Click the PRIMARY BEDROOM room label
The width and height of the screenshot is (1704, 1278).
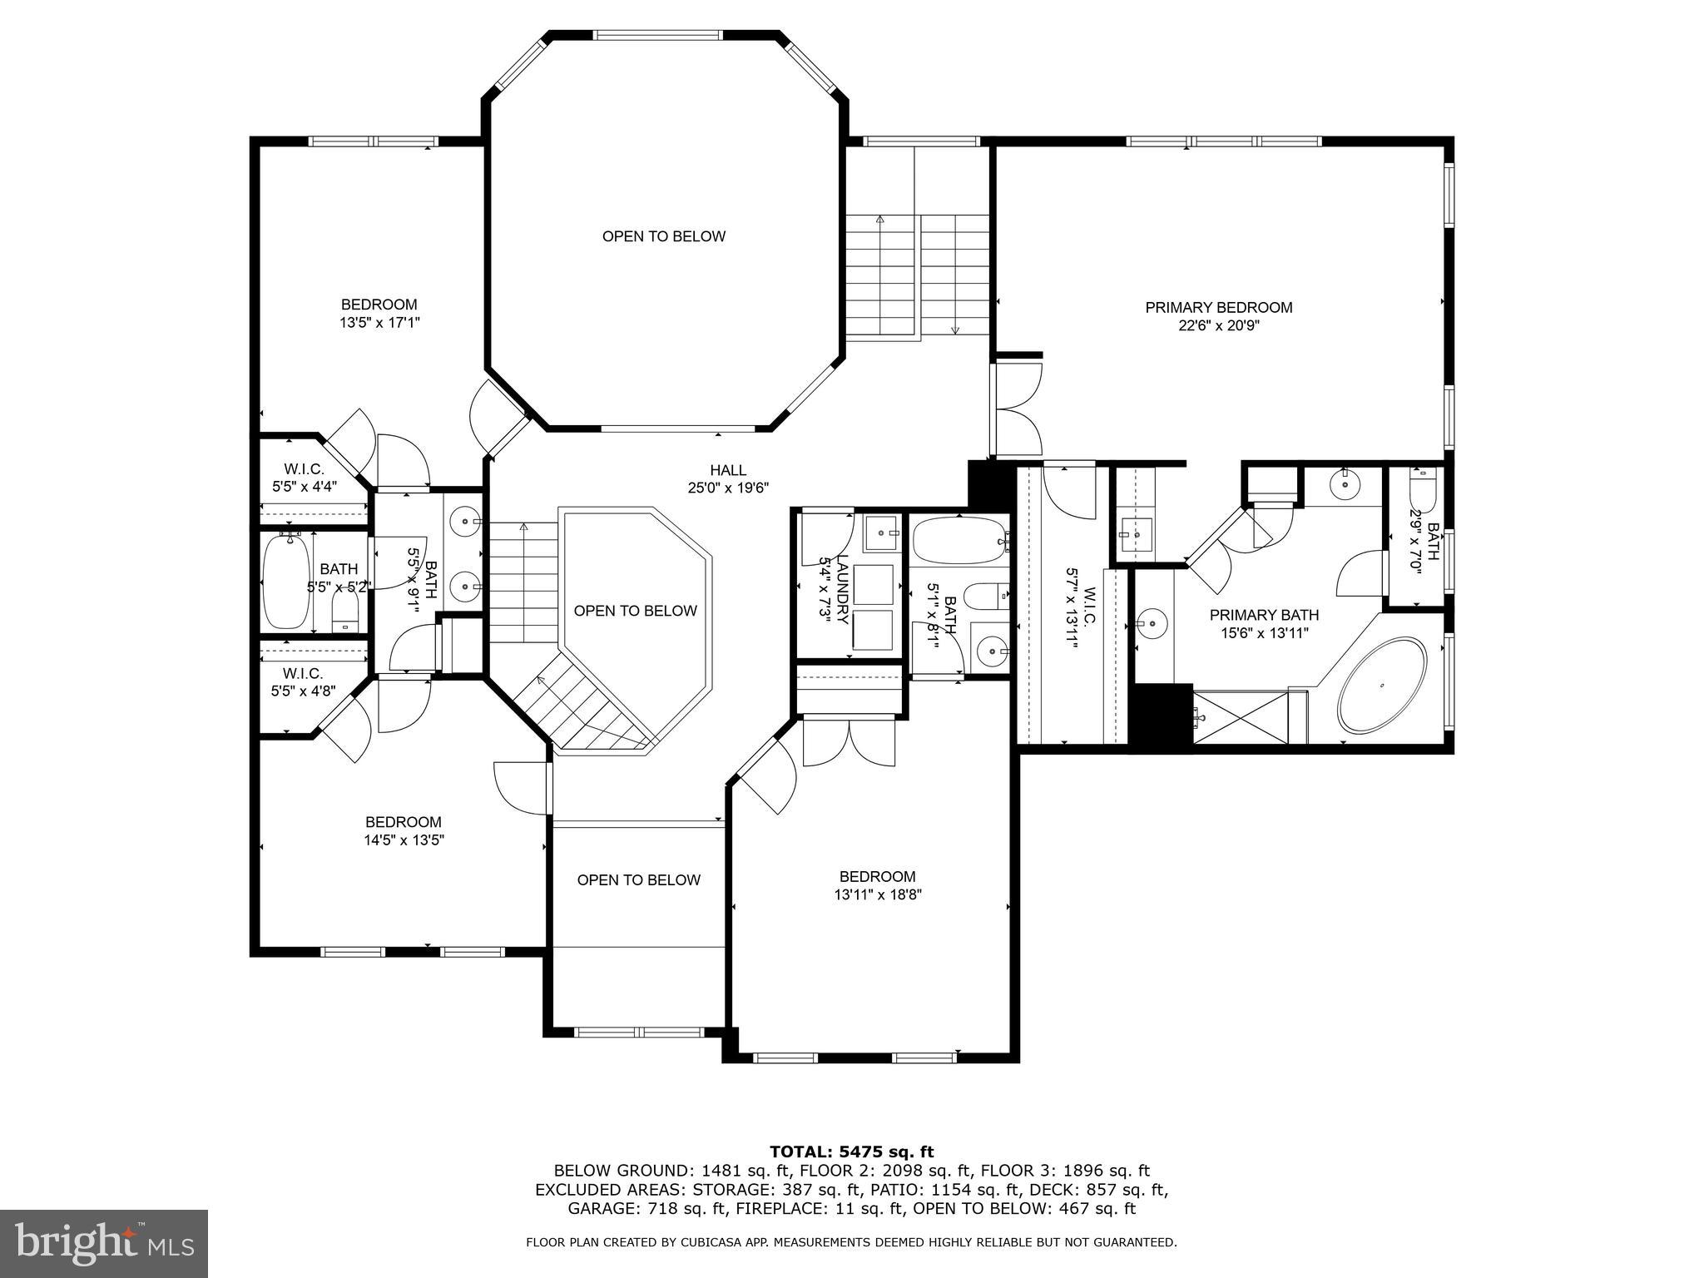[x=1218, y=307]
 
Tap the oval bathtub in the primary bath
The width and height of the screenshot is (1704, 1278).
[x=1382, y=685]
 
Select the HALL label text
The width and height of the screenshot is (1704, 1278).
[x=728, y=470]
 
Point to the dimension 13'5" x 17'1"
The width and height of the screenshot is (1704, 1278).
[x=379, y=323]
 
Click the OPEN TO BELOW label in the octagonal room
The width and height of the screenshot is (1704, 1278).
[x=663, y=236]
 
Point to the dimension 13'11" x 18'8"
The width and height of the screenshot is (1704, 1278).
[x=877, y=894]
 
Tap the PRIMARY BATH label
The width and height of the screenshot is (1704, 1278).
[x=1263, y=615]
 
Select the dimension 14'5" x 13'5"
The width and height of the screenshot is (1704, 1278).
[x=404, y=840]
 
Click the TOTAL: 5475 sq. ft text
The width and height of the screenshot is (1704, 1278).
[x=851, y=1152]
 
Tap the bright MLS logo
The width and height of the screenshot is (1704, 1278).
[x=103, y=1243]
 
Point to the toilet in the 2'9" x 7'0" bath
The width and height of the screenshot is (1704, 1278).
[x=1422, y=491]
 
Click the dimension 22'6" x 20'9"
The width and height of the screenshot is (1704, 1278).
[x=1218, y=326]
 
